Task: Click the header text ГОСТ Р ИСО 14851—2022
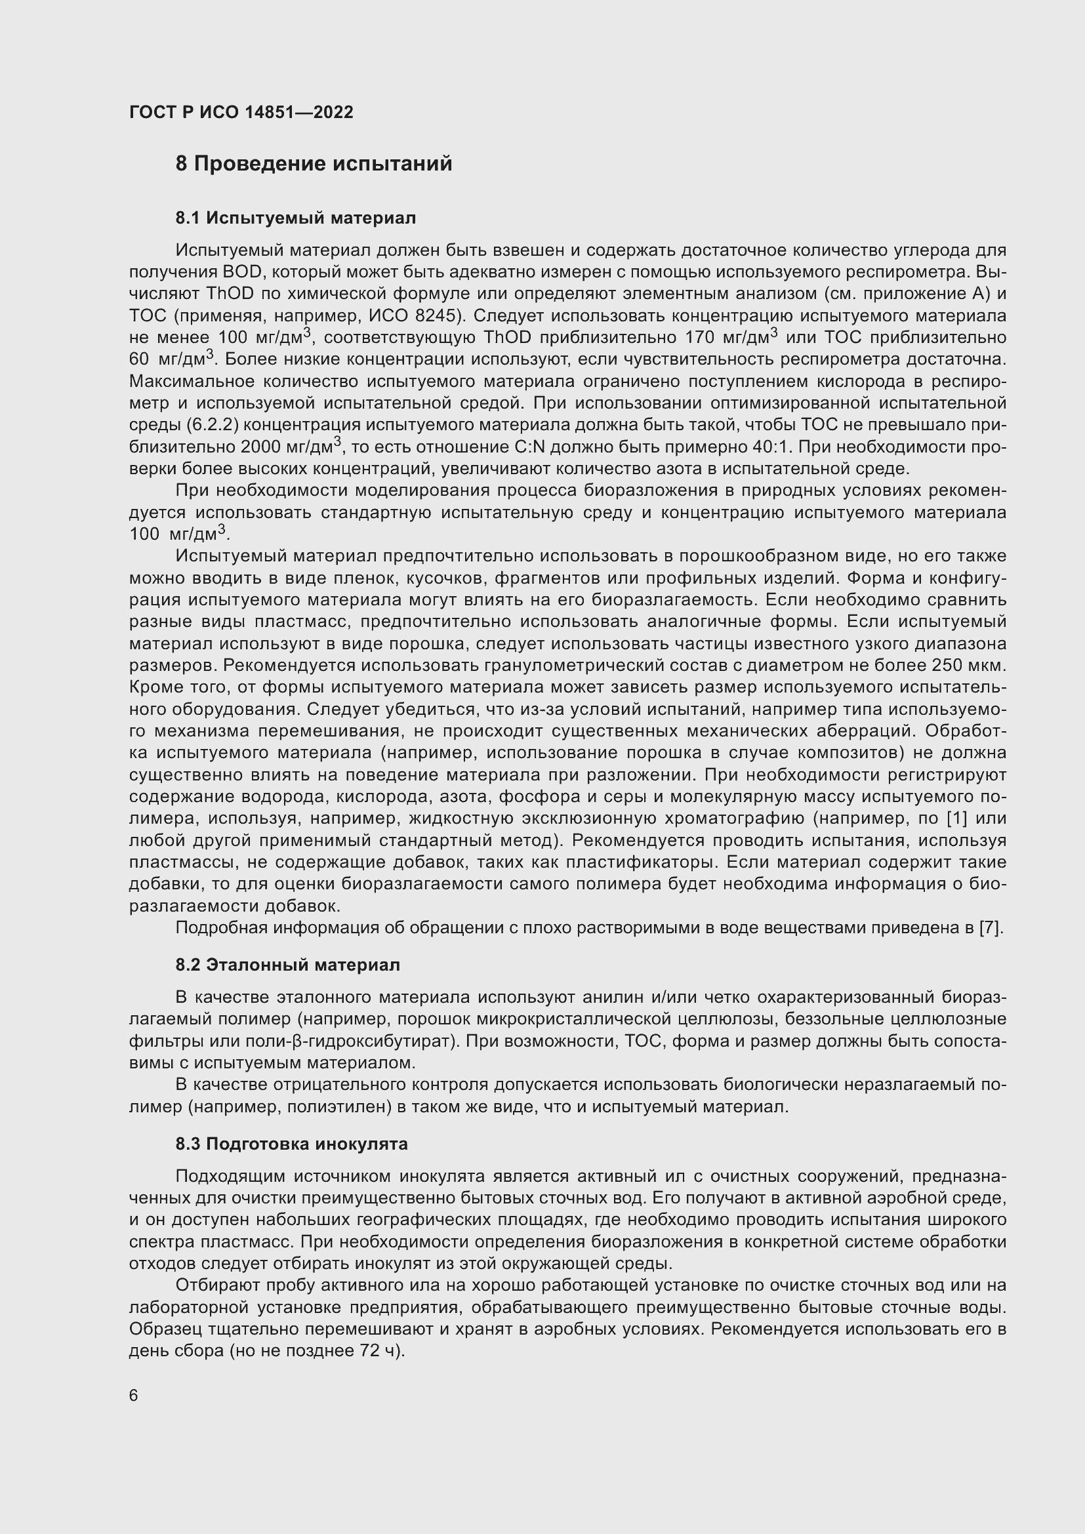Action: click(x=241, y=113)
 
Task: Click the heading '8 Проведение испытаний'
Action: click(x=314, y=164)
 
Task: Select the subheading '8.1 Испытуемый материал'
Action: click(x=295, y=218)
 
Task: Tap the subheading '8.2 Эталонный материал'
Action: click(x=288, y=965)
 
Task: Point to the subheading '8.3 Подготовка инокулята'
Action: click(x=291, y=1144)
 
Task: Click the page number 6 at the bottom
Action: click(x=134, y=1396)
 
